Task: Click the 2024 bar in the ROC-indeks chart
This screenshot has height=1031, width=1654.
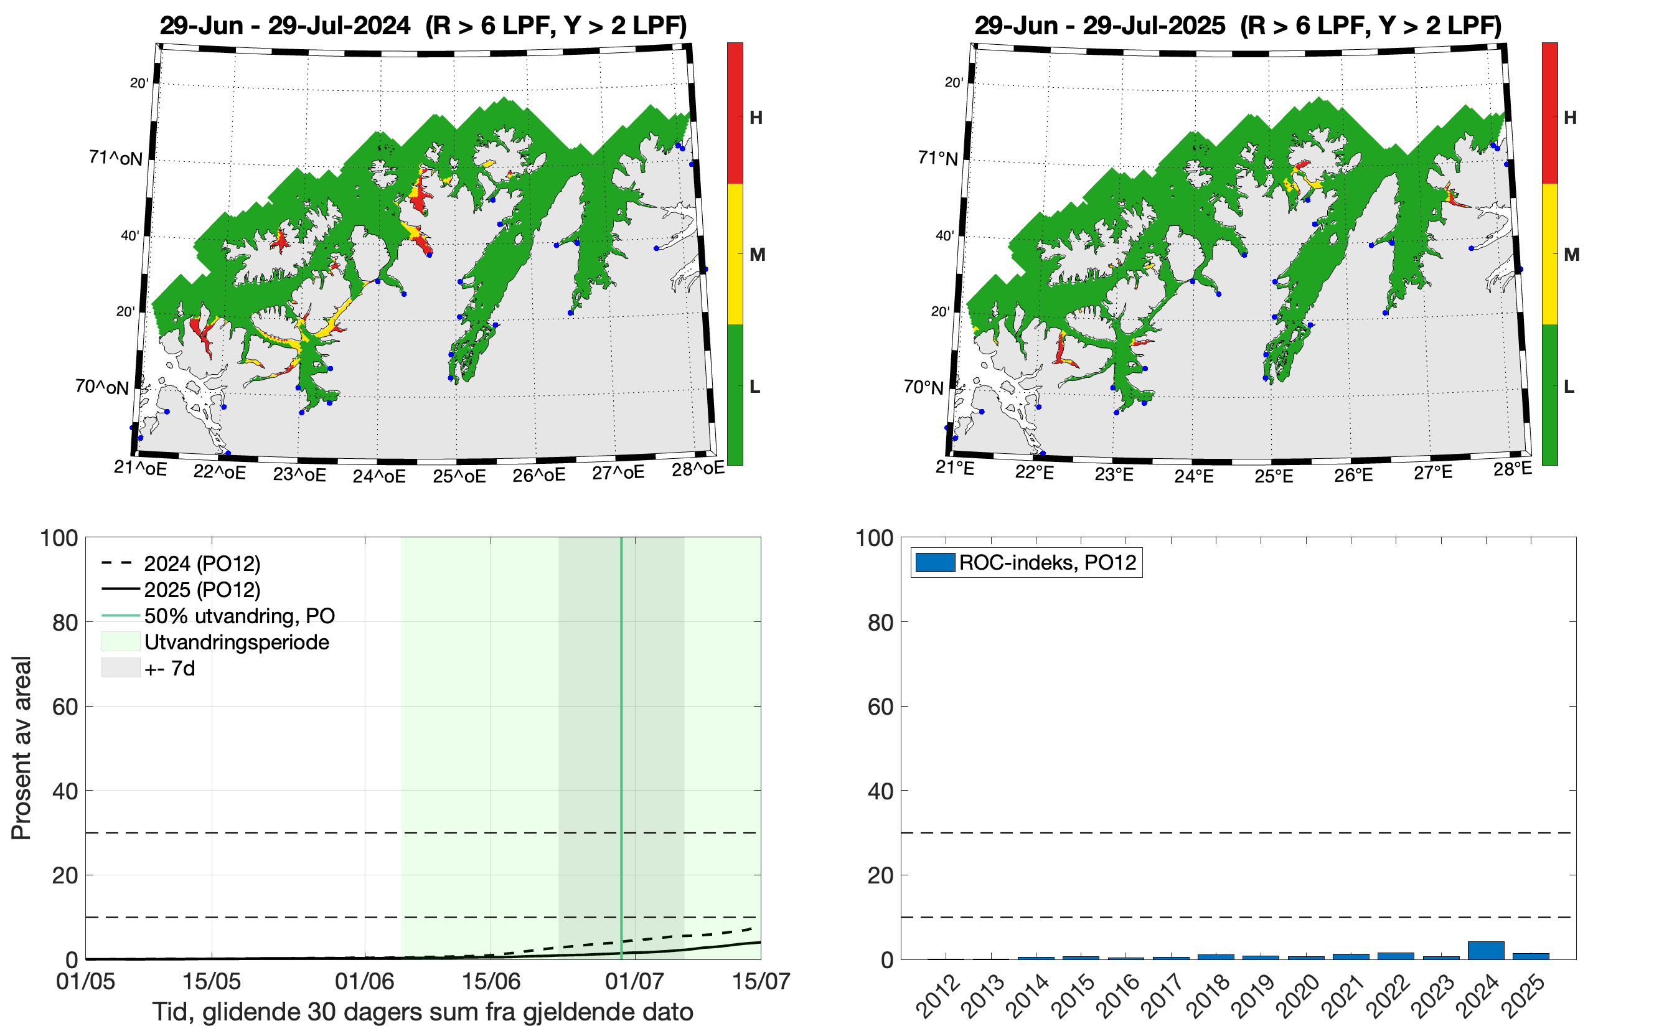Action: point(1485,951)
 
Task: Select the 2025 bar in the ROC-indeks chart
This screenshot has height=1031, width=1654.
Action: point(1531,956)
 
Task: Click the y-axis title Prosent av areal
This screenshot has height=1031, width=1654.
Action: point(22,747)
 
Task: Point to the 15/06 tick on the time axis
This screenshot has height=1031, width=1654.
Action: point(491,982)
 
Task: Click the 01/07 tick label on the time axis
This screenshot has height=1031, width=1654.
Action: point(634,982)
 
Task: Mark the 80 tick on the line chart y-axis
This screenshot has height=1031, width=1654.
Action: point(65,623)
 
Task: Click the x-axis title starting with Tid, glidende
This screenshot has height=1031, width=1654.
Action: point(423,1012)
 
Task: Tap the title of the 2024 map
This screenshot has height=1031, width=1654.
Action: point(423,26)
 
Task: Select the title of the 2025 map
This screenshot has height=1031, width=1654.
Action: point(1238,26)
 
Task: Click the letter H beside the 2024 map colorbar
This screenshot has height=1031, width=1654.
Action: point(756,118)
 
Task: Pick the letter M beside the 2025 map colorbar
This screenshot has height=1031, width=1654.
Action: point(1571,255)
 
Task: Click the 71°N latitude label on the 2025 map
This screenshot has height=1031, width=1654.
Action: point(937,158)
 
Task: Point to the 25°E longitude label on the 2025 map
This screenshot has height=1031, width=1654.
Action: point(1274,476)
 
